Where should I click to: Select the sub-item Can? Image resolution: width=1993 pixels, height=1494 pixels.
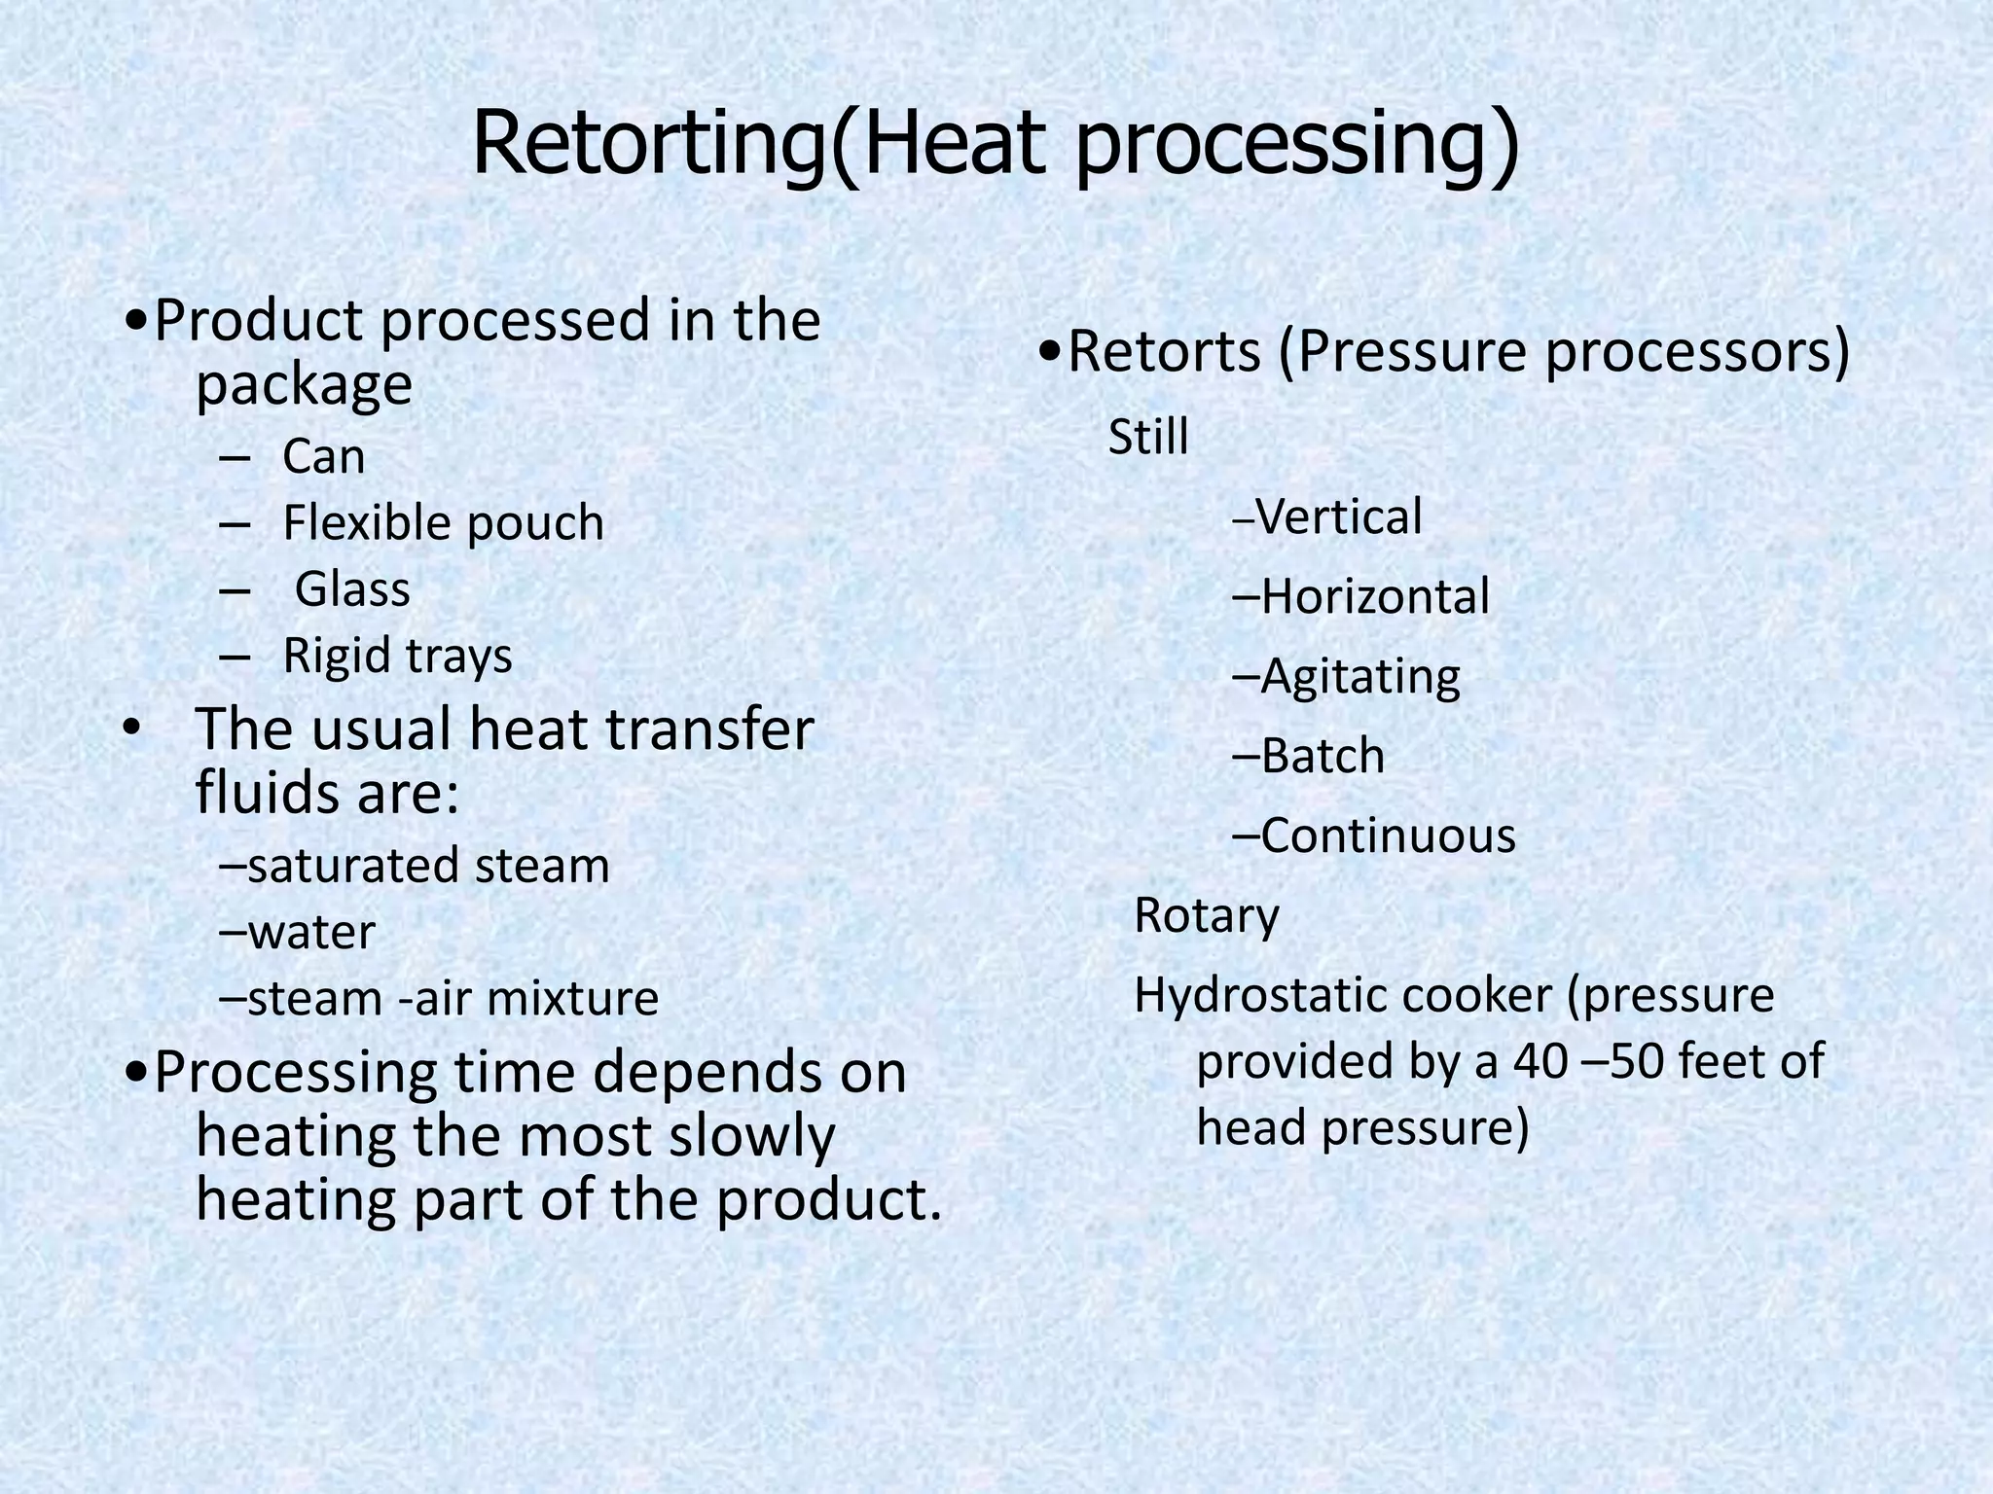point(323,456)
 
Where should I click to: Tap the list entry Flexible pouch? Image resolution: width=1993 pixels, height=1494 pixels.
point(443,523)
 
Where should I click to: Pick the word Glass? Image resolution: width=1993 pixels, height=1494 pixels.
point(352,589)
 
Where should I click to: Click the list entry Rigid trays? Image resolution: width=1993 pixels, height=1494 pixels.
point(397,656)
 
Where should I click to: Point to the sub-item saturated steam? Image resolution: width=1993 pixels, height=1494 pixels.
point(428,866)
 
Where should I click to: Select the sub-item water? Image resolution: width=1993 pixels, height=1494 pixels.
point(310,932)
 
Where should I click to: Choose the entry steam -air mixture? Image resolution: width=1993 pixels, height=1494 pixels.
point(453,999)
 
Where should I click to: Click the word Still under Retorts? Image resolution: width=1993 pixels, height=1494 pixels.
point(1148,437)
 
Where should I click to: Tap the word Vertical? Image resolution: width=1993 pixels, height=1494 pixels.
point(1339,516)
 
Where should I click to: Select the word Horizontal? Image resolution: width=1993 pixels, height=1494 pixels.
point(1375,596)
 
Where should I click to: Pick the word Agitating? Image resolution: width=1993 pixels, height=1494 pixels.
point(1360,677)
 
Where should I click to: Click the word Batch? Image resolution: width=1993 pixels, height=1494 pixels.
point(1323,756)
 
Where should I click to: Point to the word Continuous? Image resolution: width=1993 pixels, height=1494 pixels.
point(1388,836)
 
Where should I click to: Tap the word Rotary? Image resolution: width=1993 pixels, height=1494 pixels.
point(1207,916)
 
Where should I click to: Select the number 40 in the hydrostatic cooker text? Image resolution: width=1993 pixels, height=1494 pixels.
point(1540,1061)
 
